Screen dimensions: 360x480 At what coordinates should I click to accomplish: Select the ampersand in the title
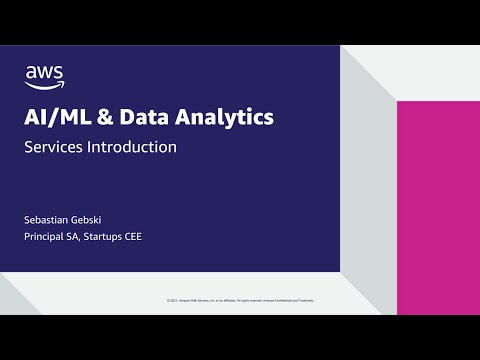(106, 118)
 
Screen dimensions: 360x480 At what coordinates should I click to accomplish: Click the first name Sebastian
(48, 219)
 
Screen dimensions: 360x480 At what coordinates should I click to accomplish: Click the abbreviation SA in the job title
(78, 237)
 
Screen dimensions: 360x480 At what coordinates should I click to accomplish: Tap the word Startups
(110, 237)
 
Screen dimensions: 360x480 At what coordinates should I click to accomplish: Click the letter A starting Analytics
(185, 118)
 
